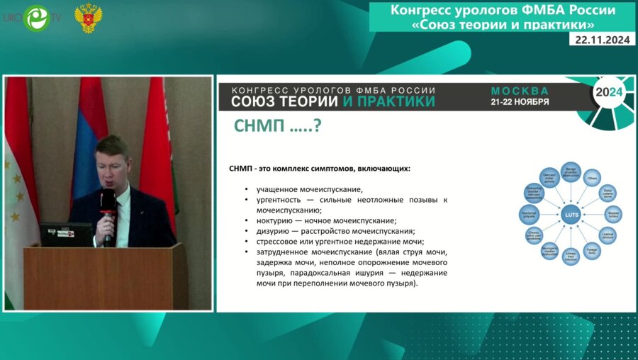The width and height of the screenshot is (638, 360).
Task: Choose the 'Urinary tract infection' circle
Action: pos(571,256)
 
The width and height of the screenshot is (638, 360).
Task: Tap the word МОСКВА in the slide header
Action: pos(520,91)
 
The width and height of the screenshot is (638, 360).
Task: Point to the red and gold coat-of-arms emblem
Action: pos(89,18)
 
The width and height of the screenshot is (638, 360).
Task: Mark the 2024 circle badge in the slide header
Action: pos(608,93)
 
